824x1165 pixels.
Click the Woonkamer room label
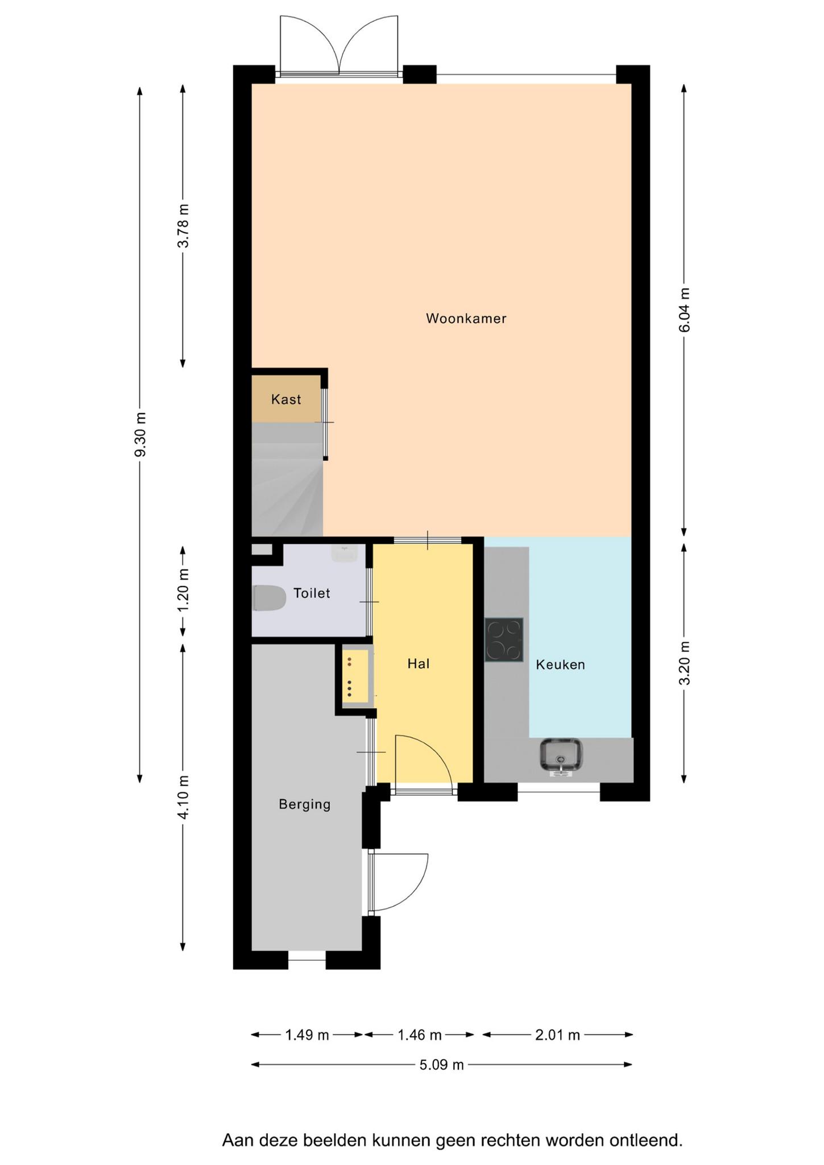[x=466, y=319]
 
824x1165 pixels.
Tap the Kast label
[x=286, y=399]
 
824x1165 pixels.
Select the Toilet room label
[x=312, y=593]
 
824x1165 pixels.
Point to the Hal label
[x=419, y=663]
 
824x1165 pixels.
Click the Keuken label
[x=560, y=664]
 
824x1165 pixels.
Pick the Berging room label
[x=305, y=804]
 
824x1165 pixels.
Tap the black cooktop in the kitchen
[x=504, y=640]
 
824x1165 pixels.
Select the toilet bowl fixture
[x=269, y=598]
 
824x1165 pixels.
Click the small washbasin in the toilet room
[x=344, y=553]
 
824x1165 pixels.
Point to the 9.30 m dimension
[x=140, y=435]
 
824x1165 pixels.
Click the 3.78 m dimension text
[x=183, y=226]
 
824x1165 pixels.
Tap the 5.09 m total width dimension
[x=442, y=1064]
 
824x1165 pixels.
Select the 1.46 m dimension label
[x=420, y=1035]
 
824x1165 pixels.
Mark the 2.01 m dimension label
[x=557, y=1035]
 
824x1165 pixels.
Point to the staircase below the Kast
[x=287, y=479]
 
